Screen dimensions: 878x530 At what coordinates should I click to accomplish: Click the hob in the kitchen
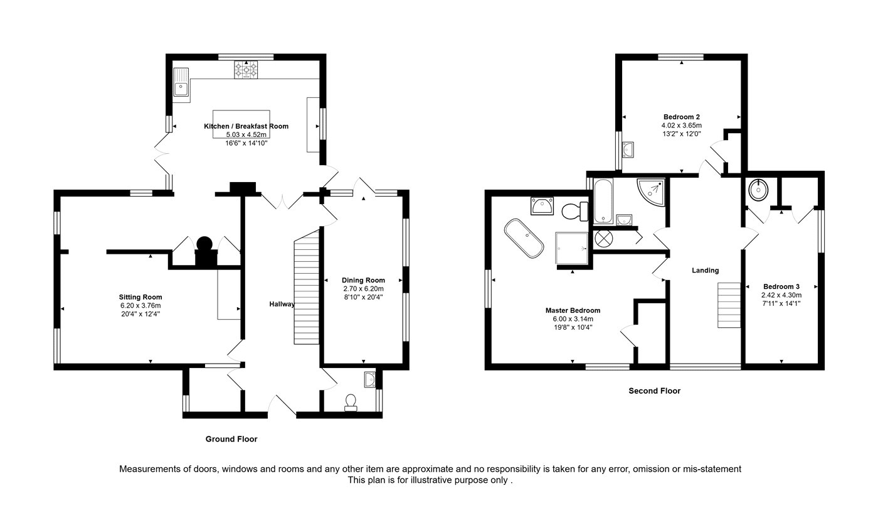[246, 70]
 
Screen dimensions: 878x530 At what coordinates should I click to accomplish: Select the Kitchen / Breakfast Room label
[246, 126]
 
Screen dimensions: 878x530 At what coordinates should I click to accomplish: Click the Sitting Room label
[140, 297]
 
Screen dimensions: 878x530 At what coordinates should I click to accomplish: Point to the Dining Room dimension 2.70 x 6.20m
[363, 289]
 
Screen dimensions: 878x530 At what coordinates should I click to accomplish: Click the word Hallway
[282, 304]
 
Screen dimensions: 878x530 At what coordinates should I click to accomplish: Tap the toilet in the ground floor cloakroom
[351, 403]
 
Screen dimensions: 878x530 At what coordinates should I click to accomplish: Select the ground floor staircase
[307, 288]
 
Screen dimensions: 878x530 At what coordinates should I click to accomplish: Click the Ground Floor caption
[231, 439]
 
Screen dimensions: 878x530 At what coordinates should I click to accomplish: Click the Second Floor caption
[655, 391]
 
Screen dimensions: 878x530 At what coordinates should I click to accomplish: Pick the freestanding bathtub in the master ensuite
[524, 238]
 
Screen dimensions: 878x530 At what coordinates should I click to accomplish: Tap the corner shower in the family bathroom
[651, 192]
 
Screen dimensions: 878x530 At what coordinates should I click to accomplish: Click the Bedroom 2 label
[682, 117]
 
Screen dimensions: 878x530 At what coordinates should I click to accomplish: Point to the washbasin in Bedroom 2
[628, 149]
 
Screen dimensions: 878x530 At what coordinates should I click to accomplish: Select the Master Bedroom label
[573, 310]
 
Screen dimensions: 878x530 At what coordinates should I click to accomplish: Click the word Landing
[705, 270]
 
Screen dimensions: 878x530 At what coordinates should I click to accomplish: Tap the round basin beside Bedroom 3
[758, 190]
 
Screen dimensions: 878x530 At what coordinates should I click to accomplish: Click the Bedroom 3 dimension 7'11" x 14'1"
[781, 303]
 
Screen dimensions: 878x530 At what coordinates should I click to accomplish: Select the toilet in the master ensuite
[575, 211]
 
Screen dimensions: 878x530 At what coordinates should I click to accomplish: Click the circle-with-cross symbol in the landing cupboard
[603, 238]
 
